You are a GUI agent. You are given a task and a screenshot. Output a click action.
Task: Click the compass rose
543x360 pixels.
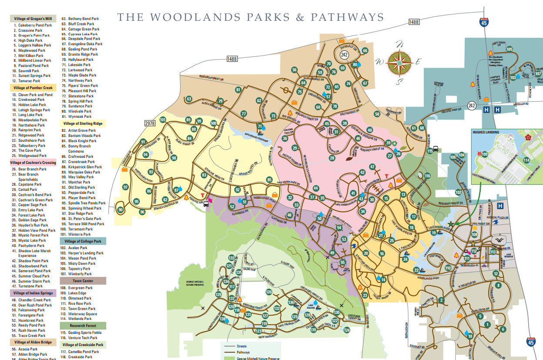(x=399, y=63)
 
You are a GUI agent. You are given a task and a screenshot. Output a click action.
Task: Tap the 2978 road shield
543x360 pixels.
(x=150, y=123)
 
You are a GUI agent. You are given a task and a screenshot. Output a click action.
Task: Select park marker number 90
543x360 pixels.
(x=121, y=210)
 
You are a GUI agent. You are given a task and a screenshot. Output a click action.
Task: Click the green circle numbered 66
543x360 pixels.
(x=365, y=50)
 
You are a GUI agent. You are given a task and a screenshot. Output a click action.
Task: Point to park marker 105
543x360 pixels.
(x=509, y=49)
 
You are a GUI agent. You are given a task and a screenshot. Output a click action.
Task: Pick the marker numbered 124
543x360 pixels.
(x=347, y=330)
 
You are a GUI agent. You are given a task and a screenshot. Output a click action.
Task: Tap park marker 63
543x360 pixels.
(x=189, y=99)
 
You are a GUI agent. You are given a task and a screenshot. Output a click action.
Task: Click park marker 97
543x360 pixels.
(x=126, y=187)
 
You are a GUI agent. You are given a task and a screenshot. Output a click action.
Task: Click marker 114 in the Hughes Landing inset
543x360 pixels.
(x=526, y=160)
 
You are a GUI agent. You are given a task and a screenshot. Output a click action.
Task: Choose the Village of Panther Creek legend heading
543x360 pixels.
(x=33, y=87)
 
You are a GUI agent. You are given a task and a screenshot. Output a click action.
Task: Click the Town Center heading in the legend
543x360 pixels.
(x=83, y=281)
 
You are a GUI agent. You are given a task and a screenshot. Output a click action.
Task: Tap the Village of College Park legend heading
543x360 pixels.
(x=83, y=241)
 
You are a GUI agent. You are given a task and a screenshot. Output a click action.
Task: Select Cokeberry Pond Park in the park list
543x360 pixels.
(x=35, y=25)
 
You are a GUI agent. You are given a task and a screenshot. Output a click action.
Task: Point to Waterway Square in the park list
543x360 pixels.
(x=82, y=313)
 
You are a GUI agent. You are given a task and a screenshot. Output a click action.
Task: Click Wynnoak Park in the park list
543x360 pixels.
(x=80, y=117)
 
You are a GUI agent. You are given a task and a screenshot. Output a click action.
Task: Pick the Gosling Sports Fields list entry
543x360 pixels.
(x=84, y=333)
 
